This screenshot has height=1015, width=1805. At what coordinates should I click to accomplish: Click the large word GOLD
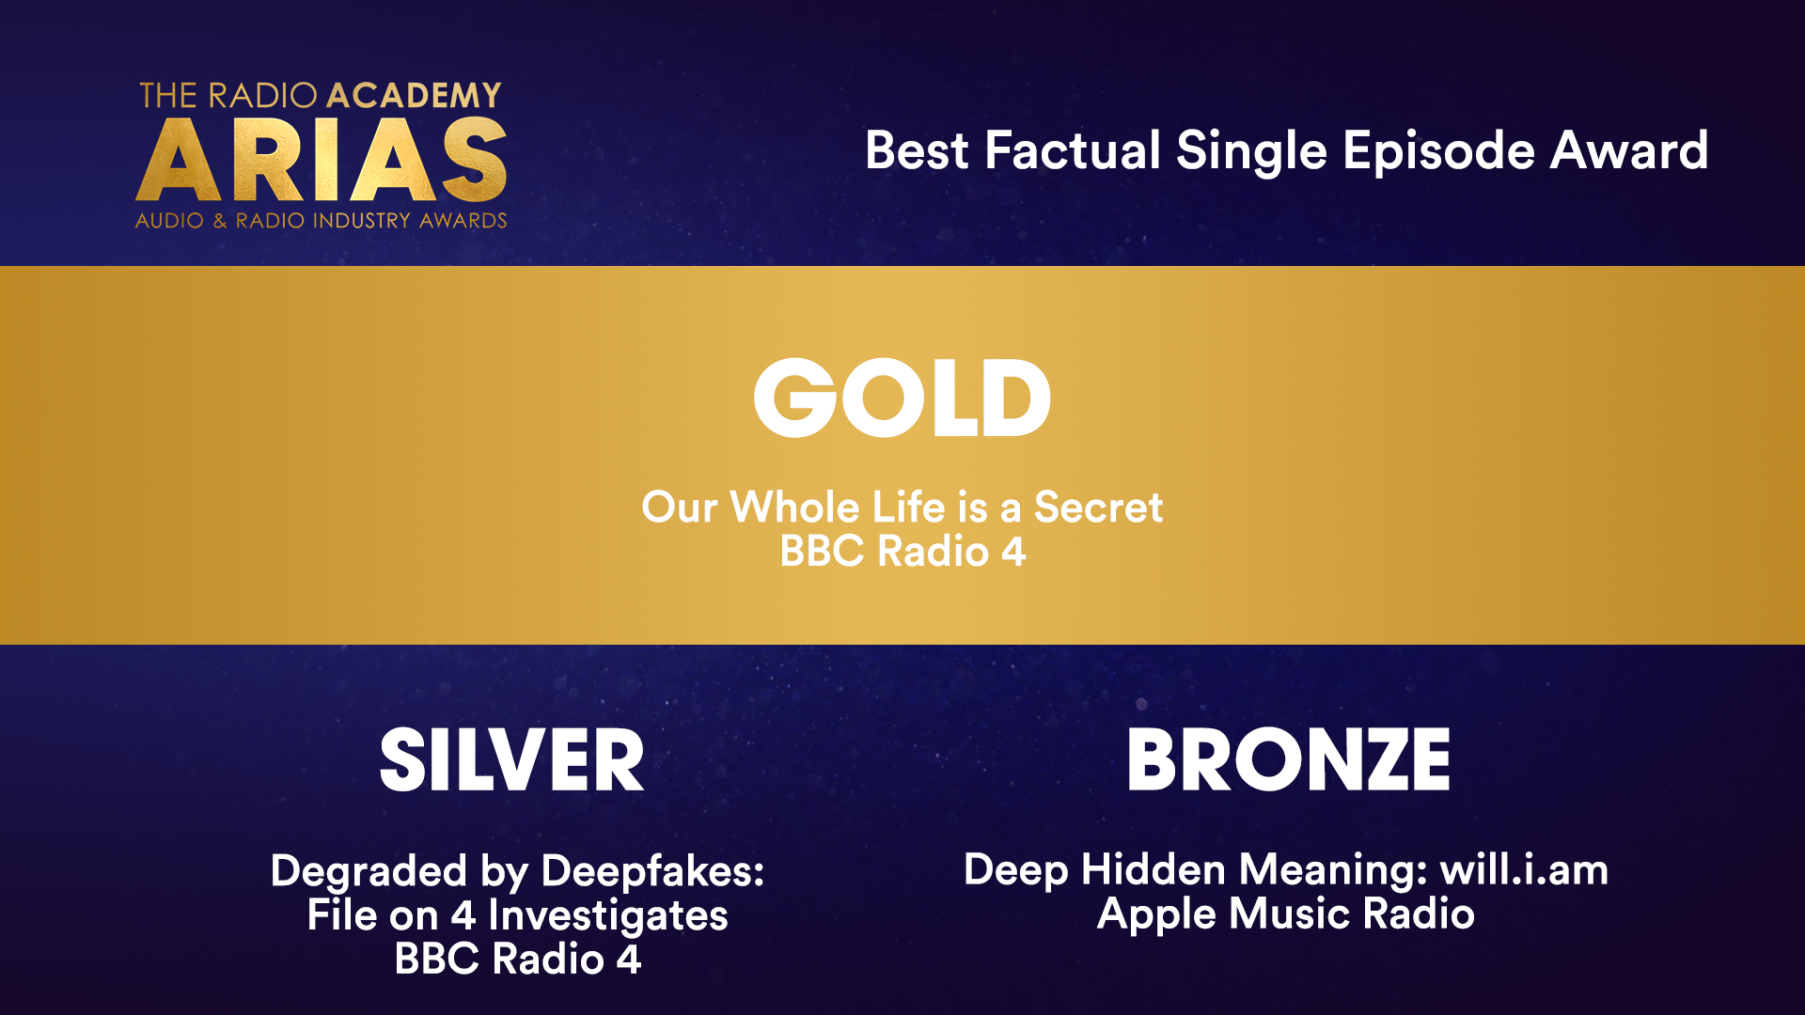pos(902,398)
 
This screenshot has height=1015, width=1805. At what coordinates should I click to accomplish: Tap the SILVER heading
pos(512,759)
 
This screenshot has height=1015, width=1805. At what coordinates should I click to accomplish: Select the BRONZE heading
pos(1289,759)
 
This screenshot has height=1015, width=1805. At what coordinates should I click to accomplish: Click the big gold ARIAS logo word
pos(322,160)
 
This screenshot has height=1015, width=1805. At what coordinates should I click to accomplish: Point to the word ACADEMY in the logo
pos(414,95)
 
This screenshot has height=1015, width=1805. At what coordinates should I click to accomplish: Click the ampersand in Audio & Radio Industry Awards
pos(220,221)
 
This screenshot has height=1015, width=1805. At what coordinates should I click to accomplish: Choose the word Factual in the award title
pos(1073,150)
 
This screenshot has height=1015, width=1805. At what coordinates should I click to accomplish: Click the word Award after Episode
pos(1629,150)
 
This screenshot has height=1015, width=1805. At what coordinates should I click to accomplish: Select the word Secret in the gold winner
pos(1098,507)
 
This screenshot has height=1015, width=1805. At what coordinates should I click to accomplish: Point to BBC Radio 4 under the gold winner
pos(902,551)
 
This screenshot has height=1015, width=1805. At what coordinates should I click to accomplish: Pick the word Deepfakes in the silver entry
pos(653,872)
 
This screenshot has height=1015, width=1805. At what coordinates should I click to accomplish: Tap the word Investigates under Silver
pos(608,916)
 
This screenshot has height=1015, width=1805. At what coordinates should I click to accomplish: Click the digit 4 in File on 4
pos(463,915)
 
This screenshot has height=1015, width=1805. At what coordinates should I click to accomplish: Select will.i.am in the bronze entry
pos(1524,869)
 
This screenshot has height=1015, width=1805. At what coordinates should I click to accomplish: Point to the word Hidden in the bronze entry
pos(1154,869)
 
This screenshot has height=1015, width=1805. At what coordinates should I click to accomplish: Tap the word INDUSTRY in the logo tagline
pos(361,221)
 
